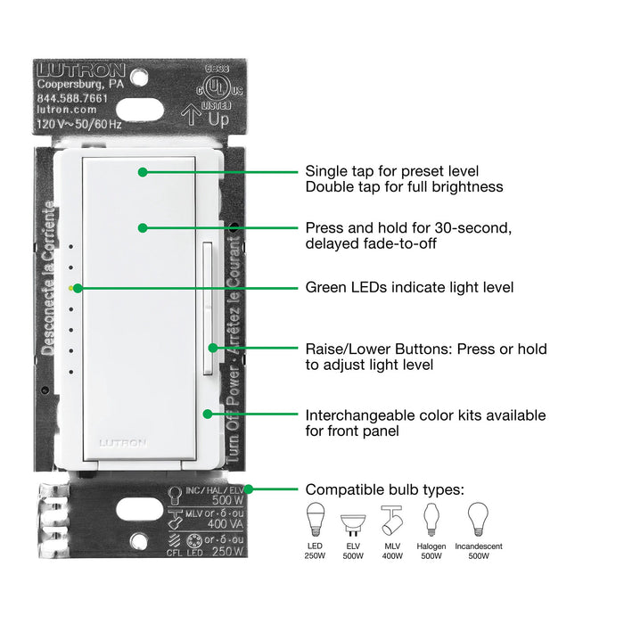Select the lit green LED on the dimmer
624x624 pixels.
pyautogui.click(x=71, y=288)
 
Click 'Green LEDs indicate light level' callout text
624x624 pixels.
pyautogui.click(x=409, y=288)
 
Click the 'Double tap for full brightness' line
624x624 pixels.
pyautogui.click(x=404, y=187)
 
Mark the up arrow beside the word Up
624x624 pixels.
pyautogui.click(x=188, y=113)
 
